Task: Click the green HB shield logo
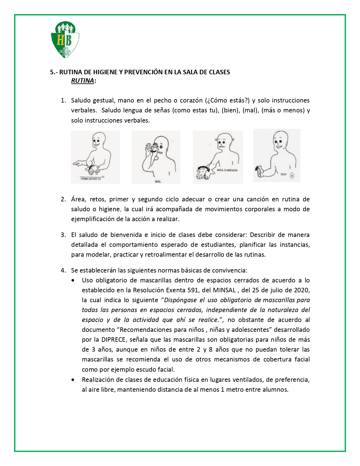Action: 65,40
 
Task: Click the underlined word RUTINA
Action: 82,80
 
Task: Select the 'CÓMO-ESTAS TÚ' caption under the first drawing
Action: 91,179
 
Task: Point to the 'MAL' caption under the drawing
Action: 158,181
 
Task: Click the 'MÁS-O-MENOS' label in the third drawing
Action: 227,170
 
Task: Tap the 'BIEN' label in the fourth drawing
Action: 283,174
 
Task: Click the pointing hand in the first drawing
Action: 78,163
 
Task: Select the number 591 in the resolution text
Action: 193,290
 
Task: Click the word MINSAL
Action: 224,290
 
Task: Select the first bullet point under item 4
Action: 73,280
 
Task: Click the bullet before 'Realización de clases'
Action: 73,380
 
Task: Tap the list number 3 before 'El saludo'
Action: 63,235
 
